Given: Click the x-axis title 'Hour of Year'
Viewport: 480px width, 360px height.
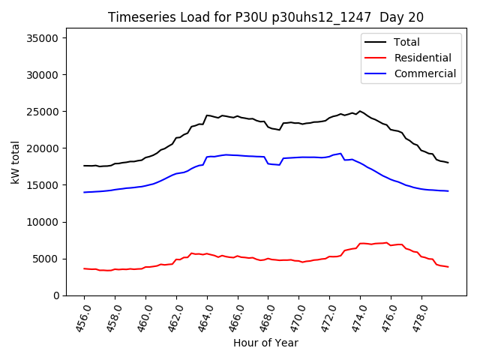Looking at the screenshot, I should click(265, 343).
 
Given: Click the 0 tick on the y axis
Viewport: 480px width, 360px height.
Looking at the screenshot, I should click(58, 295).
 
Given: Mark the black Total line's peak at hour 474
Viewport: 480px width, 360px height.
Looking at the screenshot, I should click(360, 111).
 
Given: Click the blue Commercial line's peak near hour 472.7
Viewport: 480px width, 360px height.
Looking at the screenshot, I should click(340, 154).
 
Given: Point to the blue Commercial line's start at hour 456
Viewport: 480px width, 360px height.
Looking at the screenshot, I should click(84, 192).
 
